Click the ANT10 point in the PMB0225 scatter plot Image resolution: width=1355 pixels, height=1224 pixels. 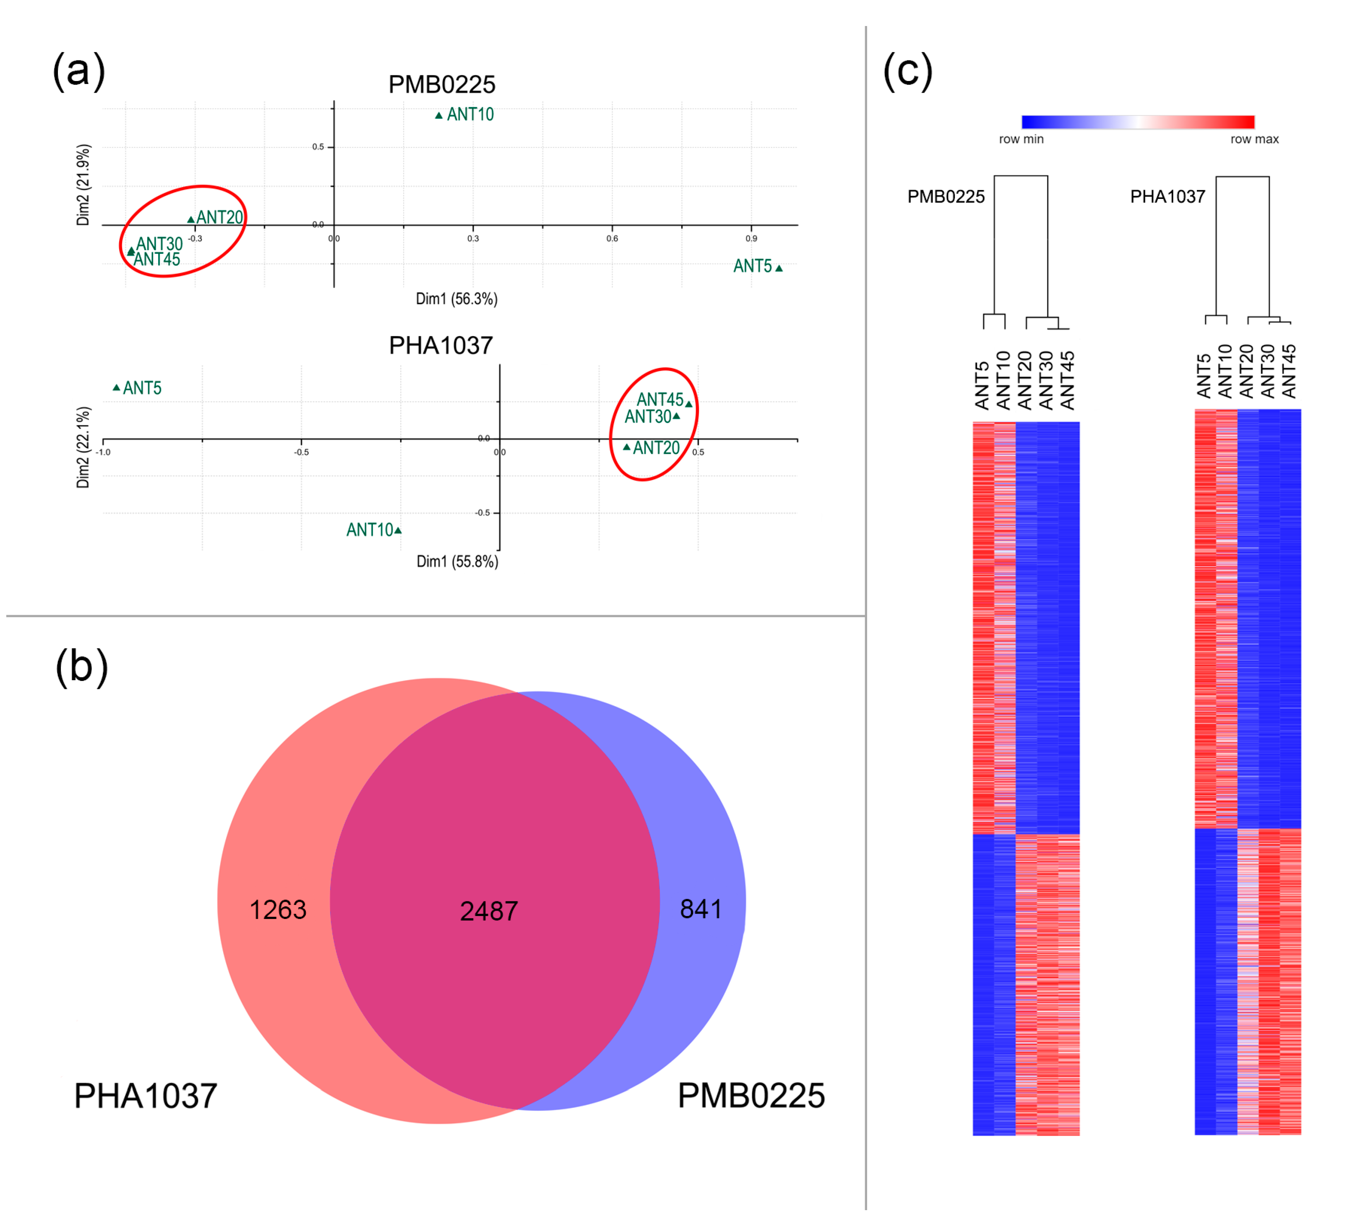coord(439,116)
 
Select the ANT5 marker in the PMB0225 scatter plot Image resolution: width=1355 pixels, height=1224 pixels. coord(779,268)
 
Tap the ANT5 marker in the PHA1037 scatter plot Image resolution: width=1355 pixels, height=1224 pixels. coord(116,388)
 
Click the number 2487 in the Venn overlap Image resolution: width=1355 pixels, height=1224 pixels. coord(489,911)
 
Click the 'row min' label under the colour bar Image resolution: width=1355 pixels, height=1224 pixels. coord(1021,139)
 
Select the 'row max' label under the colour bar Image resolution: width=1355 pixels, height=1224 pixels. coord(1254,139)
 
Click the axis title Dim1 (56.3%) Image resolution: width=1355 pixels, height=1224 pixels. coord(456,299)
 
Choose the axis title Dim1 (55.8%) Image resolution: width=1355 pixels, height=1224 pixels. coord(457,561)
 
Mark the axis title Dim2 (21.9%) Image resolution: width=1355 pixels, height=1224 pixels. coord(83,185)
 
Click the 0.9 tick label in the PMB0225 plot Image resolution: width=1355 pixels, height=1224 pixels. coord(751,239)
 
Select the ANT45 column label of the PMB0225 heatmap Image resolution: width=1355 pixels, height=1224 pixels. coord(1067,381)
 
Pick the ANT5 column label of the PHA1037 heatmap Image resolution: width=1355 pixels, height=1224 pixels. coord(1204,376)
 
